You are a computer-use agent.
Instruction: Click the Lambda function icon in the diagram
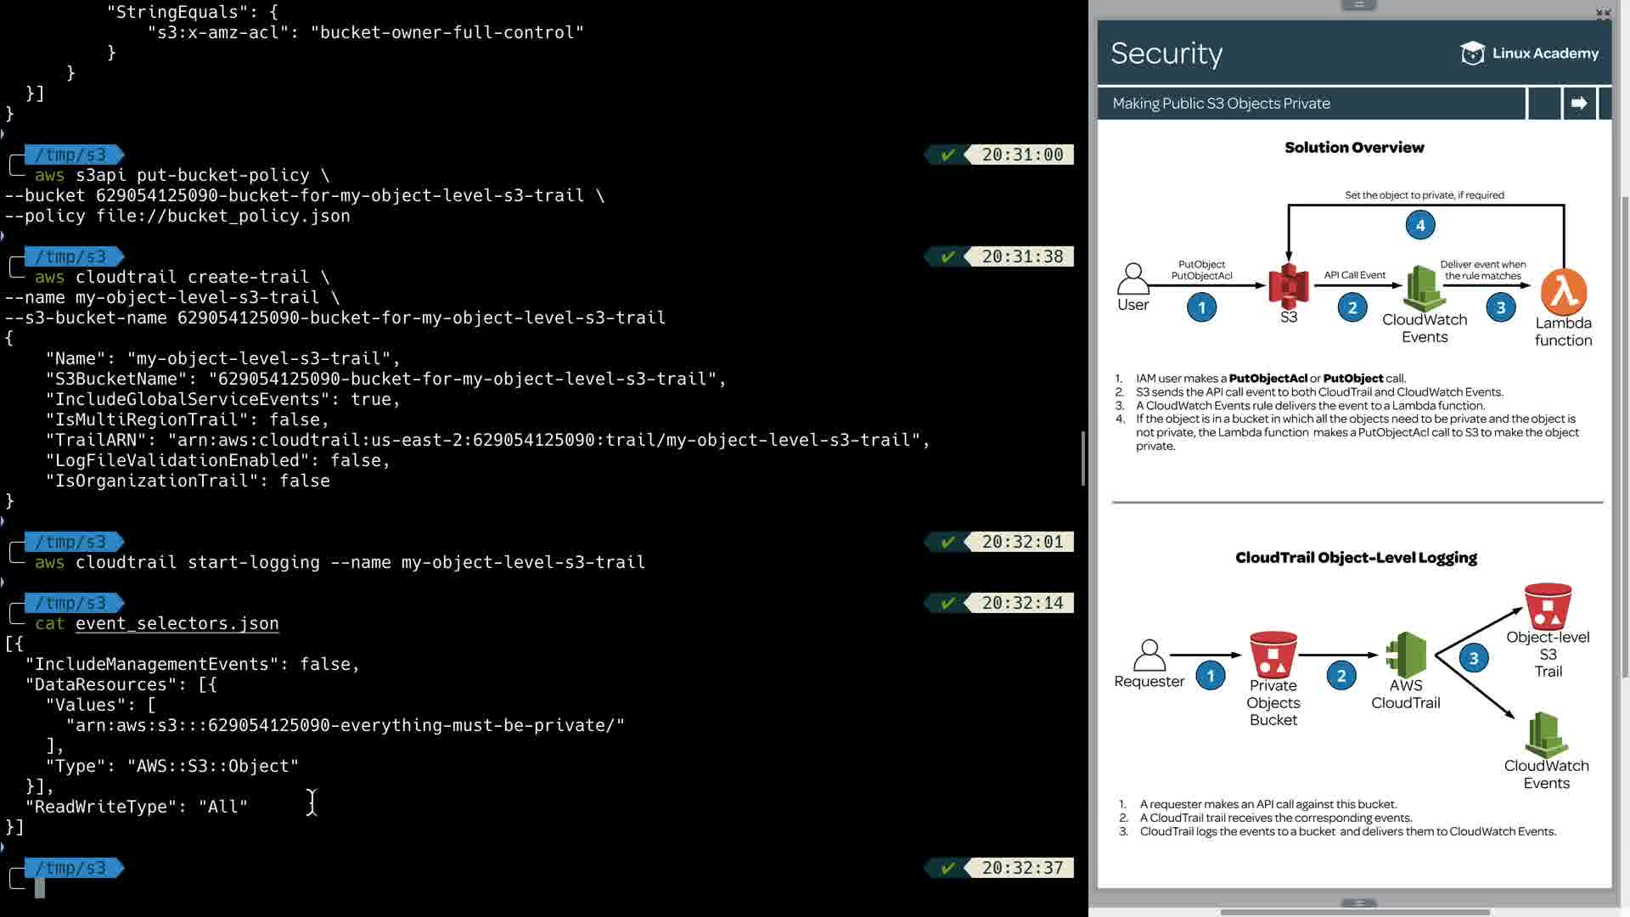(x=1564, y=293)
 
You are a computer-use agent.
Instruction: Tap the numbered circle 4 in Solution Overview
(x=1420, y=225)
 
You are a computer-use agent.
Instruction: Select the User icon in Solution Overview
(x=1133, y=278)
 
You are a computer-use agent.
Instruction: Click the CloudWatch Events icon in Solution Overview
(x=1424, y=289)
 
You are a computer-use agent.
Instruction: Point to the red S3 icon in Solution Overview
(x=1288, y=286)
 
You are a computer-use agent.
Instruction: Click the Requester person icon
(x=1149, y=655)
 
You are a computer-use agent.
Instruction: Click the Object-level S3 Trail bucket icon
(x=1548, y=605)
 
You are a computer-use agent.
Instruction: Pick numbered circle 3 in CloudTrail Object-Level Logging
(x=1474, y=658)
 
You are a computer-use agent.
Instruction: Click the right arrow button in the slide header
(x=1579, y=104)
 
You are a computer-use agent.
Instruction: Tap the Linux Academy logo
(x=1529, y=53)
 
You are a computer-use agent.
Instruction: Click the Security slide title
(x=1166, y=53)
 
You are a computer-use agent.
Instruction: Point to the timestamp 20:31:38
(x=1022, y=256)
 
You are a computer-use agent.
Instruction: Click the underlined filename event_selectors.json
(x=177, y=623)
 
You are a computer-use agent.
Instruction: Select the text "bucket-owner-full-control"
(x=447, y=32)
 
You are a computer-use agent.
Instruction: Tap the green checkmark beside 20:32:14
(x=948, y=603)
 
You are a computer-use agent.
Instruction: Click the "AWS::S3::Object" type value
(x=213, y=766)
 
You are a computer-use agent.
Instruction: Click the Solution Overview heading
(x=1354, y=148)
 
